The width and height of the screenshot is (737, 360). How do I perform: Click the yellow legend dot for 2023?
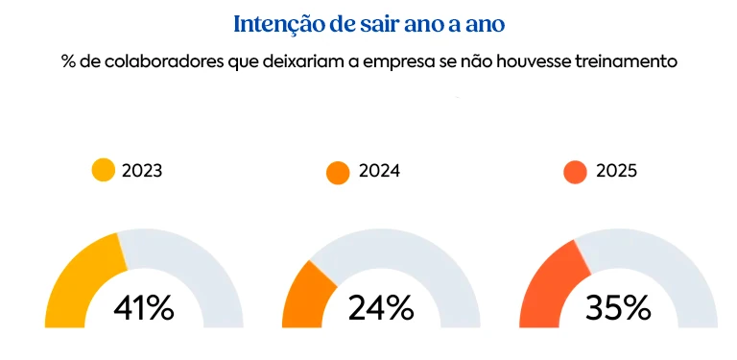click(x=104, y=171)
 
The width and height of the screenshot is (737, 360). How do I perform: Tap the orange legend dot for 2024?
click(x=338, y=173)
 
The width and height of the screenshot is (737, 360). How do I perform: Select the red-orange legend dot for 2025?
click(x=575, y=173)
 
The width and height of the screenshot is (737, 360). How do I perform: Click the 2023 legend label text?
click(x=142, y=172)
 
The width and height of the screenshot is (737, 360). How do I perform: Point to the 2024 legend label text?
click(x=379, y=172)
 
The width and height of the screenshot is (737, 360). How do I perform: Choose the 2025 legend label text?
click(x=616, y=172)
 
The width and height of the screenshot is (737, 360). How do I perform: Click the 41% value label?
click(x=143, y=308)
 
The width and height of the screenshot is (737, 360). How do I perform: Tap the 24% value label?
click(x=381, y=308)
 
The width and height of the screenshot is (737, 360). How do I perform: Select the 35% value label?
click(x=618, y=308)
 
